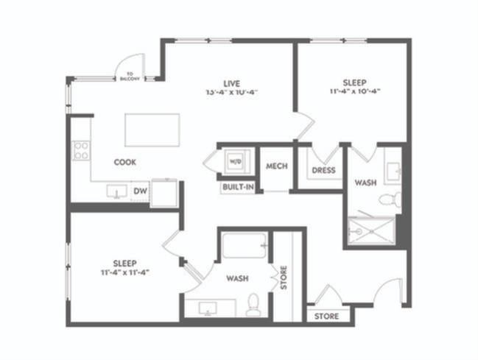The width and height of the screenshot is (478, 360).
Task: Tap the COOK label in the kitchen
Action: (x=124, y=161)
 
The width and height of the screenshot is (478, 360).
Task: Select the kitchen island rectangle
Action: (x=152, y=130)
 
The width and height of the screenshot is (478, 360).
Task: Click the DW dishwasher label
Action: (x=139, y=191)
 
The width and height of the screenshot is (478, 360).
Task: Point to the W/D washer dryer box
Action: (x=236, y=160)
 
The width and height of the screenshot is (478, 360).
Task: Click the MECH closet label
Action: (x=275, y=166)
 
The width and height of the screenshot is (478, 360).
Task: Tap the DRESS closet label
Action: (x=323, y=171)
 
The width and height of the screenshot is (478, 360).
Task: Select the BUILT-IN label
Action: (x=237, y=188)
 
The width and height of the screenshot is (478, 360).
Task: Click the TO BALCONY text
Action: (x=130, y=76)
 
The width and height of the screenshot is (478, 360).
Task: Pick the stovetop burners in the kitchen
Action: (x=81, y=150)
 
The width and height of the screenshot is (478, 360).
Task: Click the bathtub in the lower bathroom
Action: (x=244, y=246)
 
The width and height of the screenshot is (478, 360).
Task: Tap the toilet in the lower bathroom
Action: (x=253, y=303)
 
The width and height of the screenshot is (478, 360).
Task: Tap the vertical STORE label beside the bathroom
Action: (x=284, y=277)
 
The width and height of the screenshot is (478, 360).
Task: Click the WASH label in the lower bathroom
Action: (x=236, y=279)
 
